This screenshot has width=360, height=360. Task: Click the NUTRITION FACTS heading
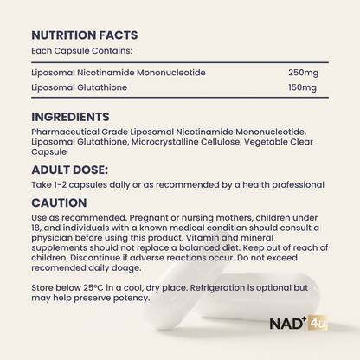(83, 35)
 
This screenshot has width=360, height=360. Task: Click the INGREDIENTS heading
(70, 116)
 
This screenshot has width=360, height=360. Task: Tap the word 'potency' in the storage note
(132, 299)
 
